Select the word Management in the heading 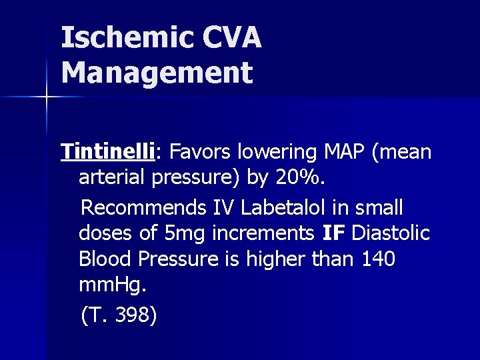(157, 72)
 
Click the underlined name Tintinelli (107, 153)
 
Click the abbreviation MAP (341, 153)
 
